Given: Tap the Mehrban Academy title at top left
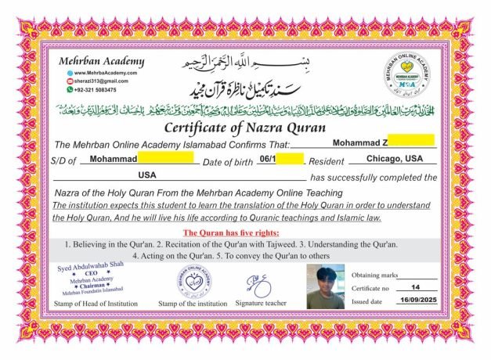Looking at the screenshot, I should (101, 61).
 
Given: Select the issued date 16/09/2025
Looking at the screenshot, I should (415, 301).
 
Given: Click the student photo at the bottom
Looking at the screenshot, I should (325, 287).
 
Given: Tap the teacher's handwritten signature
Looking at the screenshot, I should (258, 283).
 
